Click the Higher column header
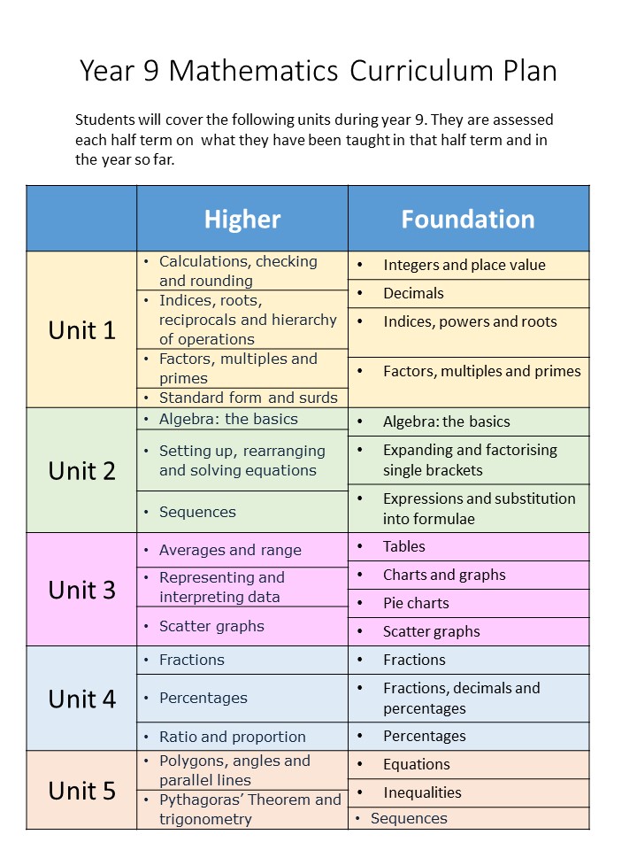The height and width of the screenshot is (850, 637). tap(242, 219)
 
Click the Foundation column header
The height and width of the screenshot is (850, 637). tap(468, 219)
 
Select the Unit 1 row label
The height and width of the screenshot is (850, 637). tap(81, 330)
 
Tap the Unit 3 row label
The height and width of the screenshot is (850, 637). tap(81, 590)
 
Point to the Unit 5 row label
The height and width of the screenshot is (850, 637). tap(81, 791)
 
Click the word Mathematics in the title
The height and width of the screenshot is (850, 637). tap(254, 71)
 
